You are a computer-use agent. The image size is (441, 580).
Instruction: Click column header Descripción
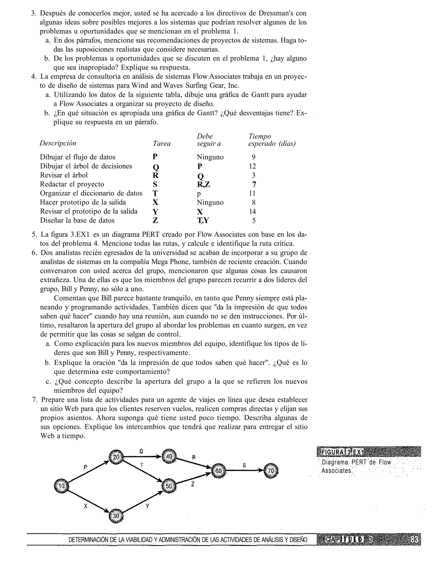coord(58,143)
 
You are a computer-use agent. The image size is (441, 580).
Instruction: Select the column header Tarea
coord(162,143)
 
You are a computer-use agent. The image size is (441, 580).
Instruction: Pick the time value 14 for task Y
coord(252,211)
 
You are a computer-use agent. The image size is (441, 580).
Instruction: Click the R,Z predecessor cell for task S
coord(203,184)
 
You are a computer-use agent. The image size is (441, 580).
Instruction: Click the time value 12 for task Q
coord(252,166)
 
